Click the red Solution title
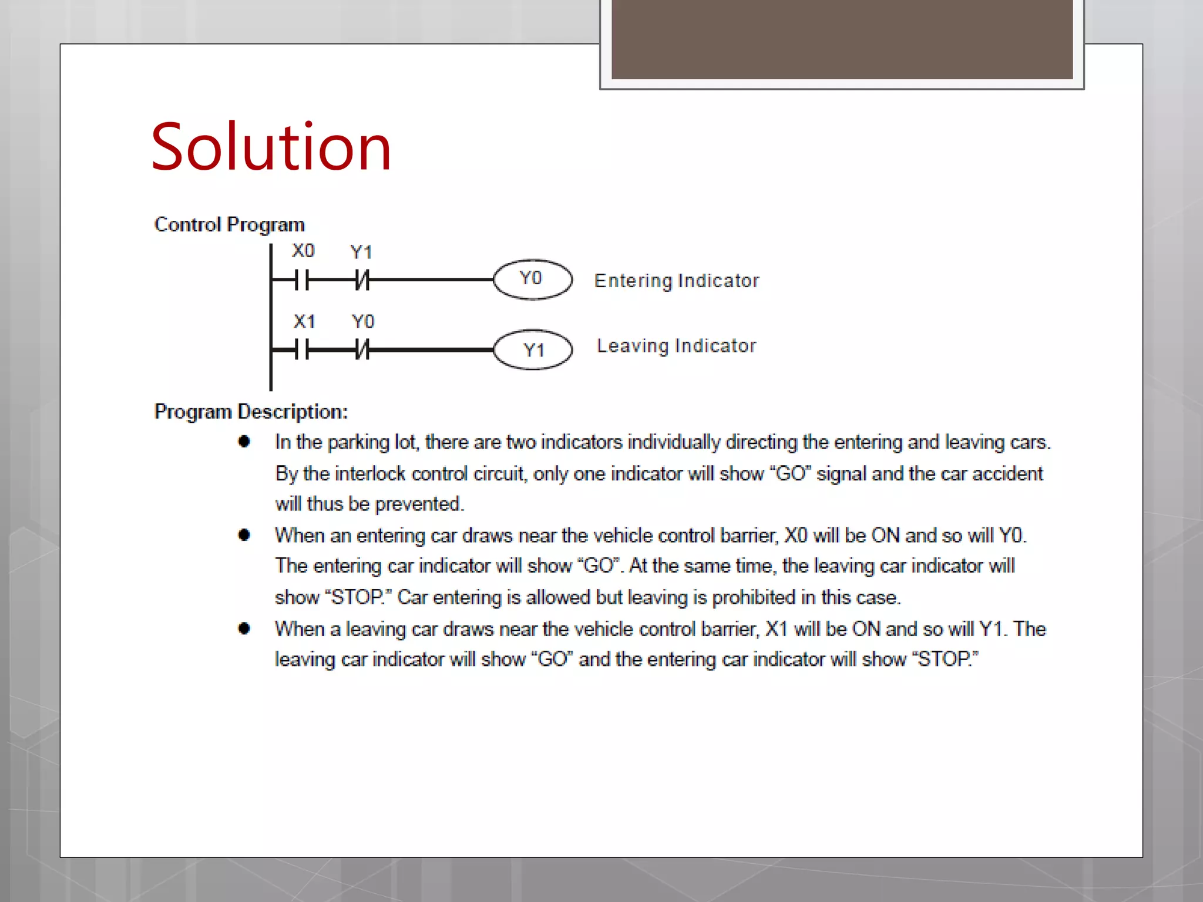(271, 147)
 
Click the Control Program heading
(229, 224)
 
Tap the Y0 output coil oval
(532, 279)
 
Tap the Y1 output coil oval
(532, 350)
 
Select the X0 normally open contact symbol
(302, 280)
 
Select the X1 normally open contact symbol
(302, 351)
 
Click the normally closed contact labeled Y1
(362, 280)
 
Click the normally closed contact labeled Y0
(362, 351)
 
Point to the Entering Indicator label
(676, 281)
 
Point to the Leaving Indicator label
(676, 346)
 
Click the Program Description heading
(251, 412)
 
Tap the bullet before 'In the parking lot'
(244, 442)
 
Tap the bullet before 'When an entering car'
(244, 534)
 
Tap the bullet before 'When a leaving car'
(244, 628)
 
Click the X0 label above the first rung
(303, 251)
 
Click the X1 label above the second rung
(304, 321)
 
